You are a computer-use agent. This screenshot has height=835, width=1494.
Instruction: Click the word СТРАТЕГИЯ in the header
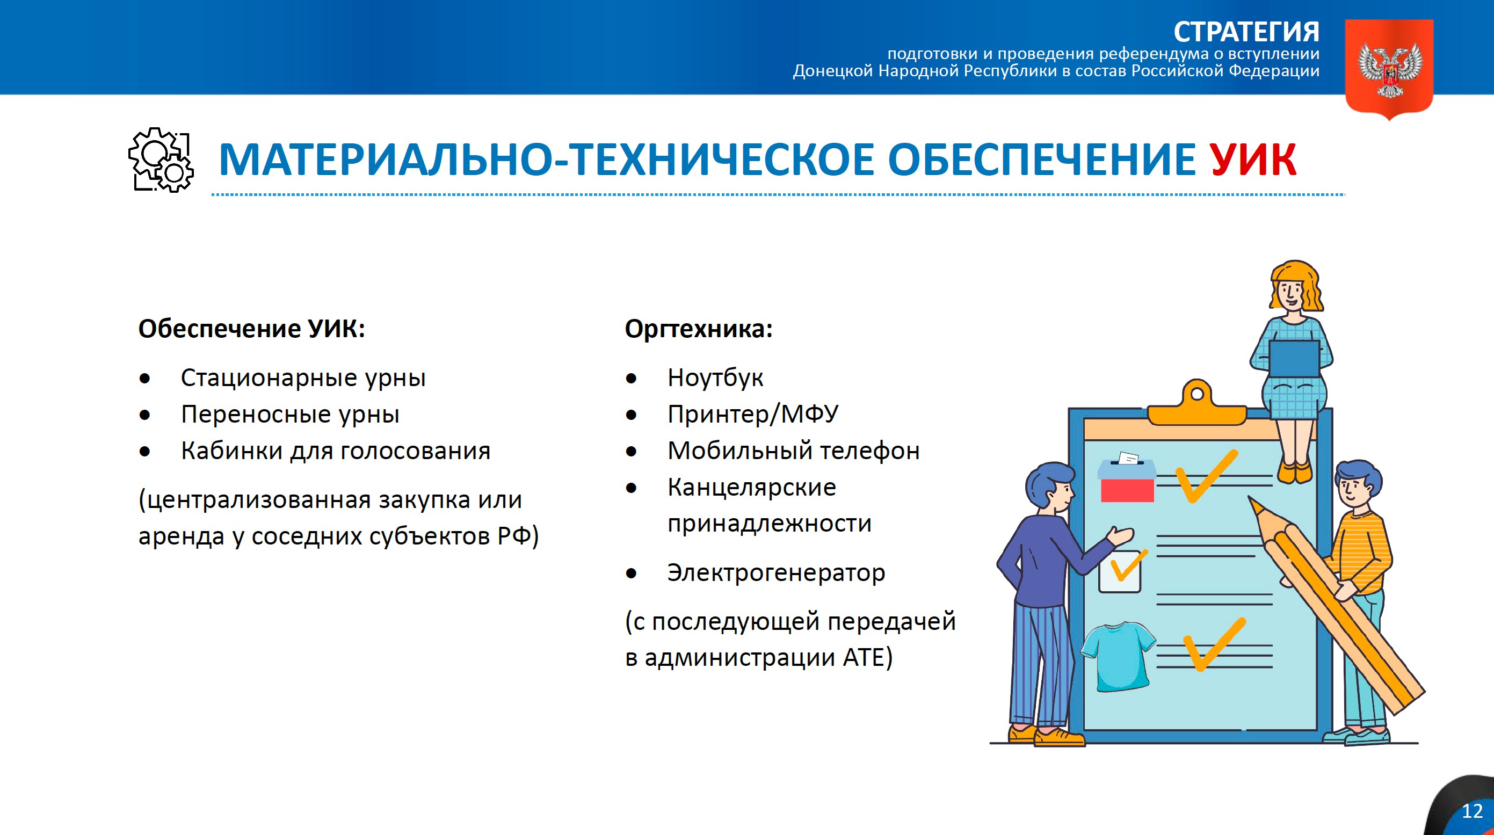(1246, 32)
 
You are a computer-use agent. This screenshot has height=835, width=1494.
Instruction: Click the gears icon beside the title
(161, 159)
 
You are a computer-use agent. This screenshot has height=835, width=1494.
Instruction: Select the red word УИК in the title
(1252, 159)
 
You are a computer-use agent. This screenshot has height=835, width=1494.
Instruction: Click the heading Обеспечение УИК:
(252, 329)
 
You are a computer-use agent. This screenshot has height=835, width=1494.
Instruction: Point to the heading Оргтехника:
(698, 329)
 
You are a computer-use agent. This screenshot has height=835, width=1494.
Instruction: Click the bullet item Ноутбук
(715, 377)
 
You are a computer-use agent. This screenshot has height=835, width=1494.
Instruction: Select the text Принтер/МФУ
(752, 414)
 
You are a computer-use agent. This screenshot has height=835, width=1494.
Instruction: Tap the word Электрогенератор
(775, 572)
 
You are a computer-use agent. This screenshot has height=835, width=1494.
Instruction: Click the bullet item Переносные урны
(290, 414)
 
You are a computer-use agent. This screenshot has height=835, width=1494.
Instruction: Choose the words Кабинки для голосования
(335, 451)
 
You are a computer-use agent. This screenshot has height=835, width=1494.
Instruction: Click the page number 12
(1472, 811)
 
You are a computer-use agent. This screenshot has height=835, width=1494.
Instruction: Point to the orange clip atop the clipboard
(1196, 406)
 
